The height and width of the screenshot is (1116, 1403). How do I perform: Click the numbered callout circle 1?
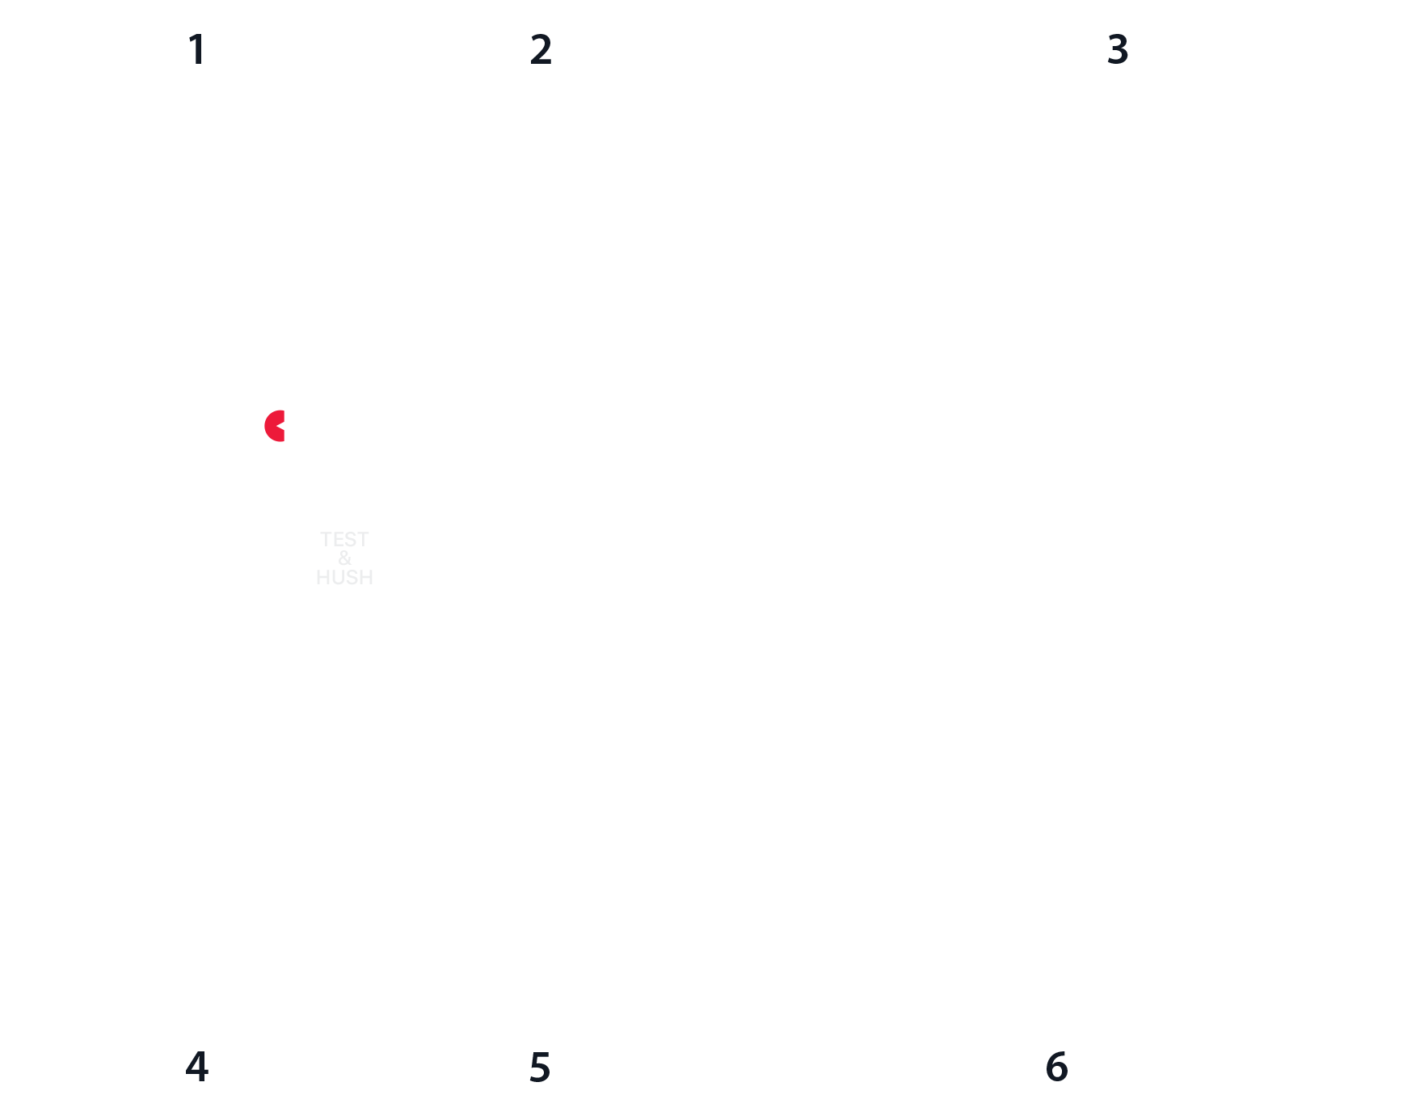[x=197, y=49]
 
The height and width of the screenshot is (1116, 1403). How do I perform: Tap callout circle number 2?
[x=541, y=49]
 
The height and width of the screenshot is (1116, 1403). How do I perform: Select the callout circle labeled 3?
[x=1118, y=49]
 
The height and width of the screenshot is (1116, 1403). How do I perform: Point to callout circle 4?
[x=197, y=1067]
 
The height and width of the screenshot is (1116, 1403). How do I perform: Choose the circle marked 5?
[x=540, y=1067]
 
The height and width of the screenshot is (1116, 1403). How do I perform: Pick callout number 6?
[x=1057, y=1067]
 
